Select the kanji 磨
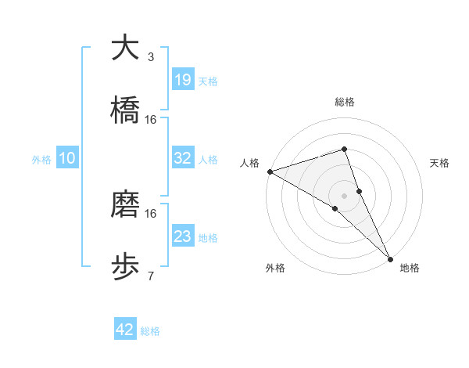pyautogui.click(x=125, y=204)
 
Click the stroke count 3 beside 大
pyautogui.click(x=150, y=56)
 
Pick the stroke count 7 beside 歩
pyautogui.click(x=150, y=276)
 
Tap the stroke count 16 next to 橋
pyautogui.click(x=151, y=119)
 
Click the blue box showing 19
pyautogui.click(x=183, y=80)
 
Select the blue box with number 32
pyautogui.click(x=183, y=158)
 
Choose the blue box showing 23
pyautogui.click(x=183, y=236)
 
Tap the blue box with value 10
pyautogui.click(x=67, y=158)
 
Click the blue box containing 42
pyautogui.click(x=125, y=330)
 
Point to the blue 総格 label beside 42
pyautogui.click(x=150, y=331)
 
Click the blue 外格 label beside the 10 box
pyautogui.click(x=41, y=159)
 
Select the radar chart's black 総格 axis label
pyautogui.click(x=345, y=102)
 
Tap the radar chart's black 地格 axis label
pyautogui.click(x=410, y=268)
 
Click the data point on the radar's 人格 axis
pyautogui.click(x=270, y=171)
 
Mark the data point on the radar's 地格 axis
pyautogui.click(x=390, y=257)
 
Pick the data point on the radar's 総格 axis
pyautogui.click(x=344, y=149)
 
